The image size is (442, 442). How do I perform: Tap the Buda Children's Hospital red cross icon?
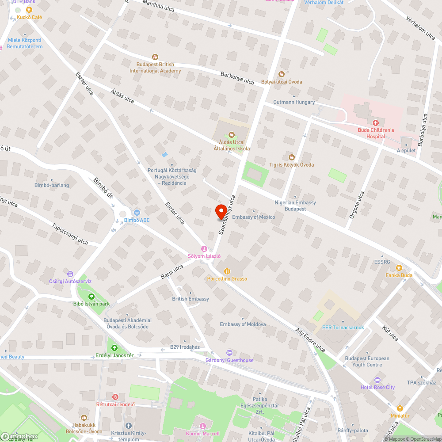375,122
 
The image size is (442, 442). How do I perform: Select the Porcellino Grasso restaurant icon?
227,271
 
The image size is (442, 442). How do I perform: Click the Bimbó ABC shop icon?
137,213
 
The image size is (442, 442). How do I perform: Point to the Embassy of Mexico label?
253,217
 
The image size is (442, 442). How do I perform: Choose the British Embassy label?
191,299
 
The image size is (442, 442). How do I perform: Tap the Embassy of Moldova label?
243,324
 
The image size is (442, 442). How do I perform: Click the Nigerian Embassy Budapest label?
295,206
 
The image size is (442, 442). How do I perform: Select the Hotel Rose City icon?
377,380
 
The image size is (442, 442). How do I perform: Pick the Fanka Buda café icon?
399,268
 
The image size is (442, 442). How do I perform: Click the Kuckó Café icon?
29,10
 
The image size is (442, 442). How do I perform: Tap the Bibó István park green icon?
91,297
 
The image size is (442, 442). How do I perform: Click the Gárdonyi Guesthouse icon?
229,353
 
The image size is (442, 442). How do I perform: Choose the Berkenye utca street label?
237,78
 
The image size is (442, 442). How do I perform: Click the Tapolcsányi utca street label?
70,233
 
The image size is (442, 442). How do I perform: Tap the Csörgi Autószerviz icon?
70,274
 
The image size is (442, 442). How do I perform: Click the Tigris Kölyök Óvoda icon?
291,157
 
